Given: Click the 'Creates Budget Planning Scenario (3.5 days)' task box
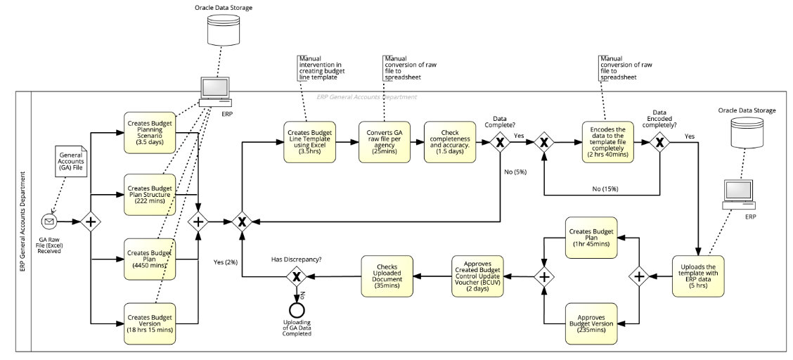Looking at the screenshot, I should [150, 131].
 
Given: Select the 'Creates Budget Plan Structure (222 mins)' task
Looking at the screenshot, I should [150, 194].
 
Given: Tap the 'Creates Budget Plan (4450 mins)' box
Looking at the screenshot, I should [150, 258].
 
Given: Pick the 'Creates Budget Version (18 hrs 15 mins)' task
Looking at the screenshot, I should [150, 323].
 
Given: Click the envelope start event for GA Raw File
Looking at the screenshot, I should [49, 221].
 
